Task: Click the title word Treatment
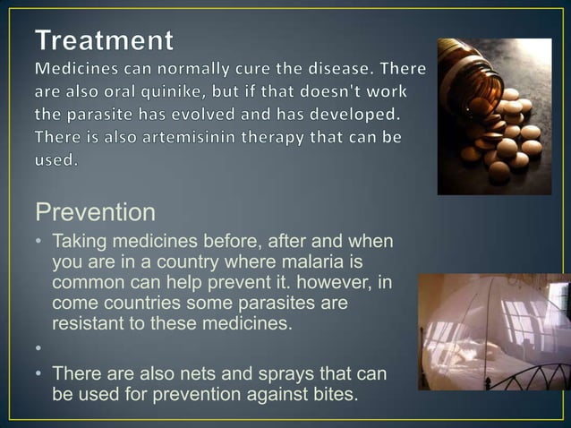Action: [106, 41]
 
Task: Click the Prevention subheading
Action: [95, 213]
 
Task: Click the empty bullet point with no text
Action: [40, 347]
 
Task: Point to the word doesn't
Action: [342, 93]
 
